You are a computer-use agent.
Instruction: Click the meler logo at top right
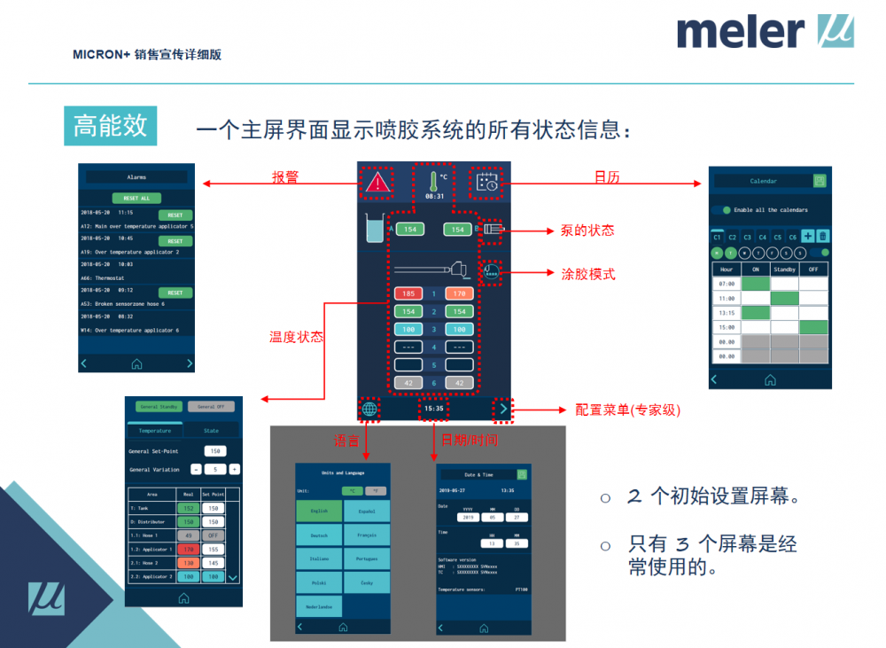point(765,32)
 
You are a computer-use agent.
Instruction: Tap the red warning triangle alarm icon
point(378,183)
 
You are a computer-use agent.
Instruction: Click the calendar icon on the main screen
point(487,182)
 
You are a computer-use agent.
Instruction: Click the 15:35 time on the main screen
point(433,409)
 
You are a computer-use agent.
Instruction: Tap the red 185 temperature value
point(408,293)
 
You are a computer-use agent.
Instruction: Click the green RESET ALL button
point(136,198)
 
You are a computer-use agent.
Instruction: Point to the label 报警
point(284,177)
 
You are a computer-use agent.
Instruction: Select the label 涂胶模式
point(588,274)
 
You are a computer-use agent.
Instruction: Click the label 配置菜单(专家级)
point(627,410)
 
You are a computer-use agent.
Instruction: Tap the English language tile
point(319,511)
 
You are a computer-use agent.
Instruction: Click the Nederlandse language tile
point(319,606)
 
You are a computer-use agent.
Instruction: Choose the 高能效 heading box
point(110,127)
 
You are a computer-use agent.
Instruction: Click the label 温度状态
point(297,337)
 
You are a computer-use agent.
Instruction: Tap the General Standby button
point(159,406)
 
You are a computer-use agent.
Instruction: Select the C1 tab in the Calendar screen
point(718,237)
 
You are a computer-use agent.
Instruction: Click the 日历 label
point(607,177)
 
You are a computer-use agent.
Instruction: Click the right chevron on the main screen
point(503,409)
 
